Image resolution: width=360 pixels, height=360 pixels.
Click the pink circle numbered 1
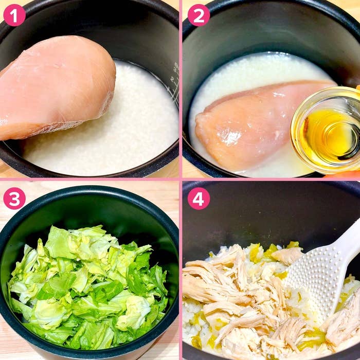point(14,15)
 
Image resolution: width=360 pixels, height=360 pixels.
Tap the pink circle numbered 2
point(199,15)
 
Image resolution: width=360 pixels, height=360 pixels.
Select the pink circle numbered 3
point(14,199)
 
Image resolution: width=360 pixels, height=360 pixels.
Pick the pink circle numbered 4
point(199,199)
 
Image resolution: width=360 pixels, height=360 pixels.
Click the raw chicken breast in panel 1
point(55,87)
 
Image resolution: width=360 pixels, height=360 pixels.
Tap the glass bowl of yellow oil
point(326,130)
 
